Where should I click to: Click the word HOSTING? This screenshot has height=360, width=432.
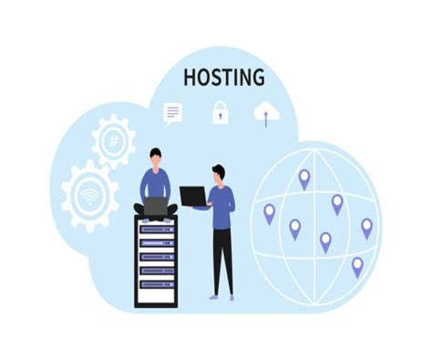click(223, 77)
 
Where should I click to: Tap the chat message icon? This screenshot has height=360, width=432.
click(172, 112)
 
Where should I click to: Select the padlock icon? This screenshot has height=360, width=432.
click(220, 112)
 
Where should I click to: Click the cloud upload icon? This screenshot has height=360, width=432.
click(266, 113)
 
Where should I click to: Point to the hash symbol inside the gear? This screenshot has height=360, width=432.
click(113, 141)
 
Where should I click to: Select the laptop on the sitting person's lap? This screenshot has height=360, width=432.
click(156, 207)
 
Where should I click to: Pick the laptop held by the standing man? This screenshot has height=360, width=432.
click(191, 196)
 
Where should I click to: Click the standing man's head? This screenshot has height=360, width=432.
click(218, 172)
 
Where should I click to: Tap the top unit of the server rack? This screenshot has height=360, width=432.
click(156, 228)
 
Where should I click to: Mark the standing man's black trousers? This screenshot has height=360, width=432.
click(221, 260)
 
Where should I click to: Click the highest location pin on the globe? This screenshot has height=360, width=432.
click(303, 179)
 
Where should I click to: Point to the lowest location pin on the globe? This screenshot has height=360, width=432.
click(356, 266)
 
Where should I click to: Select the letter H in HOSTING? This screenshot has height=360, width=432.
click(190, 77)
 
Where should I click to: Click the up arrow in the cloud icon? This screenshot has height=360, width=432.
click(266, 115)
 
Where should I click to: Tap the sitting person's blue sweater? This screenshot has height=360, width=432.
click(155, 185)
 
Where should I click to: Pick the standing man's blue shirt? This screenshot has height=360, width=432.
click(222, 205)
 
